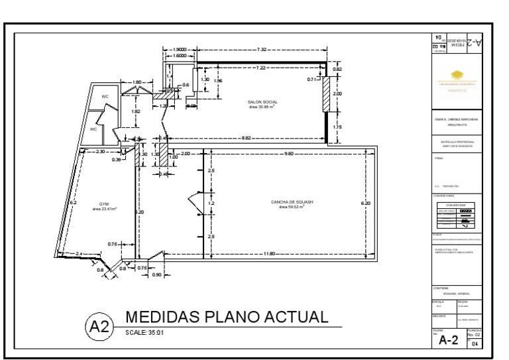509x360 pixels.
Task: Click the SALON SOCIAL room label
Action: pyautogui.click(x=262, y=102)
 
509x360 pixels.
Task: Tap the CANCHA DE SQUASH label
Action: pyautogui.click(x=292, y=201)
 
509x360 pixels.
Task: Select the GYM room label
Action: pyautogui.click(x=104, y=204)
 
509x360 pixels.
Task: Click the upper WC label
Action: pyautogui.click(x=105, y=97)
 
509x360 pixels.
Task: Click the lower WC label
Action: pyautogui.click(x=93, y=129)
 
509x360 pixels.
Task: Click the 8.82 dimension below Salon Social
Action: pyautogui.click(x=246, y=138)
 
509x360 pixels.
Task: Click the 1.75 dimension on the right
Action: pyautogui.click(x=337, y=127)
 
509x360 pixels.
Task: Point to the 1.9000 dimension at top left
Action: pyautogui.click(x=179, y=50)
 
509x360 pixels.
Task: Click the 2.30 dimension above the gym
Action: pyautogui.click(x=100, y=152)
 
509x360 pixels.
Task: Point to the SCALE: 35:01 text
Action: pyautogui.click(x=144, y=331)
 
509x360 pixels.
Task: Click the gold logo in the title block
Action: pyautogui.click(x=455, y=76)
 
